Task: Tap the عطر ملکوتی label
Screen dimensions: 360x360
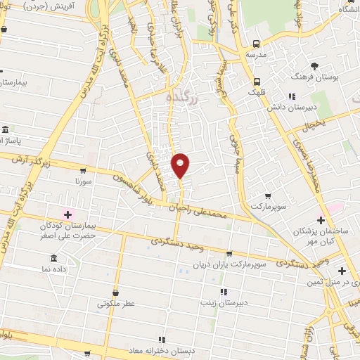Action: (115, 304)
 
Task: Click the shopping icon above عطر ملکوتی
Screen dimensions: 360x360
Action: (115, 292)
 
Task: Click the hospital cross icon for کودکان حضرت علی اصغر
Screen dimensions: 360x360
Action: (67, 214)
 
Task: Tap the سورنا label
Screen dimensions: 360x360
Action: (84, 181)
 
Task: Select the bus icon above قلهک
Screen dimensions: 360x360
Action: (258, 80)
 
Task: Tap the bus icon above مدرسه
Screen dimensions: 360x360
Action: (257, 42)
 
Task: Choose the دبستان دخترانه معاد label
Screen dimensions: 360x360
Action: (157, 351)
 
